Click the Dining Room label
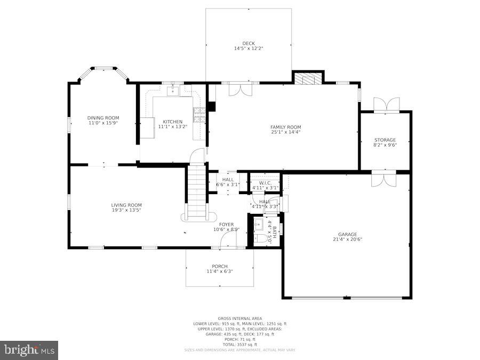pyautogui.click(x=103, y=118)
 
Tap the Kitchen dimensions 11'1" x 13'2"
pyautogui.click(x=173, y=127)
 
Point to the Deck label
pyautogui.click(x=249, y=43)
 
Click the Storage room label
pyautogui.click(x=385, y=140)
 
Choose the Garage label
pyautogui.click(x=347, y=234)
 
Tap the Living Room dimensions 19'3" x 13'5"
pyautogui.click(x=126, y=210)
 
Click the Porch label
pyautogui.click(x=219, y=266)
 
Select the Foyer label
pyautogui.click(x=226, y=225)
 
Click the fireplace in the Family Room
pyautogui.click(x=308, y=79)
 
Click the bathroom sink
pyautogui.click(x=259, y=223)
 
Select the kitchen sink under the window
pyautogui.click(x=173, y=91)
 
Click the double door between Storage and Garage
pyautogui.click(x=385, y=178)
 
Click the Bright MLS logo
pyautogui.click(x=29, y=350)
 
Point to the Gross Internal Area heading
pyautogui.click(x=239, y=318)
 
